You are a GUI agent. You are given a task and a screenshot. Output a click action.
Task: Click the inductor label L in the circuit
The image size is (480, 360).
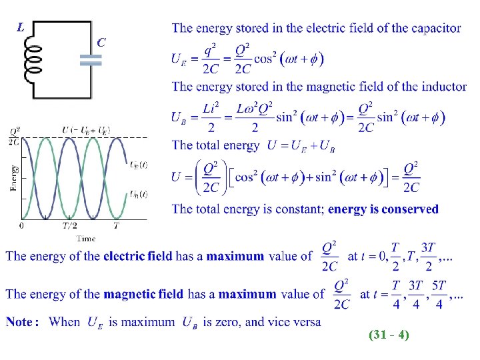pos(22,28)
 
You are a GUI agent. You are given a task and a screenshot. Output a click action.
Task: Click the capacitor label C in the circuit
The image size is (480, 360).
pos(101,42)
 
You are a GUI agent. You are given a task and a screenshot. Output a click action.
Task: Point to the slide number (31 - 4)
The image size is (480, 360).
pos(388,335)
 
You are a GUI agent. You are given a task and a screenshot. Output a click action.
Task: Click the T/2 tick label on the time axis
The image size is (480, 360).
pos(69,226)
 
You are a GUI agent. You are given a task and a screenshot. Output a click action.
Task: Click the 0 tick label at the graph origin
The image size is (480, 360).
pos(21,226)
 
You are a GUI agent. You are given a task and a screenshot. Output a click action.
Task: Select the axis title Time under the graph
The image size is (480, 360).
pos(85,238)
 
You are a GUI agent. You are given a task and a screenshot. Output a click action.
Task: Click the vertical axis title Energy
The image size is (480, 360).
pos(14,177)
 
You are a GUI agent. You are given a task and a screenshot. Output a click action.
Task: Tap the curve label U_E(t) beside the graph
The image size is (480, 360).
pos(138,165)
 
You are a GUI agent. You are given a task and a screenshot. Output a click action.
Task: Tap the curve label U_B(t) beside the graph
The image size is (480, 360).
pos(138,194)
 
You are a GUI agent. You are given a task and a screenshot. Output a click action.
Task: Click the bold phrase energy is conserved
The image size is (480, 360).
pos(383,209)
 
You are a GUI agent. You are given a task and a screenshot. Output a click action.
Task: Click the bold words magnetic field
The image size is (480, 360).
pos(144,294)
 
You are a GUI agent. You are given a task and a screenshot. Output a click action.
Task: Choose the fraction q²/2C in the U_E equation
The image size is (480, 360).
pos(210,59)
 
